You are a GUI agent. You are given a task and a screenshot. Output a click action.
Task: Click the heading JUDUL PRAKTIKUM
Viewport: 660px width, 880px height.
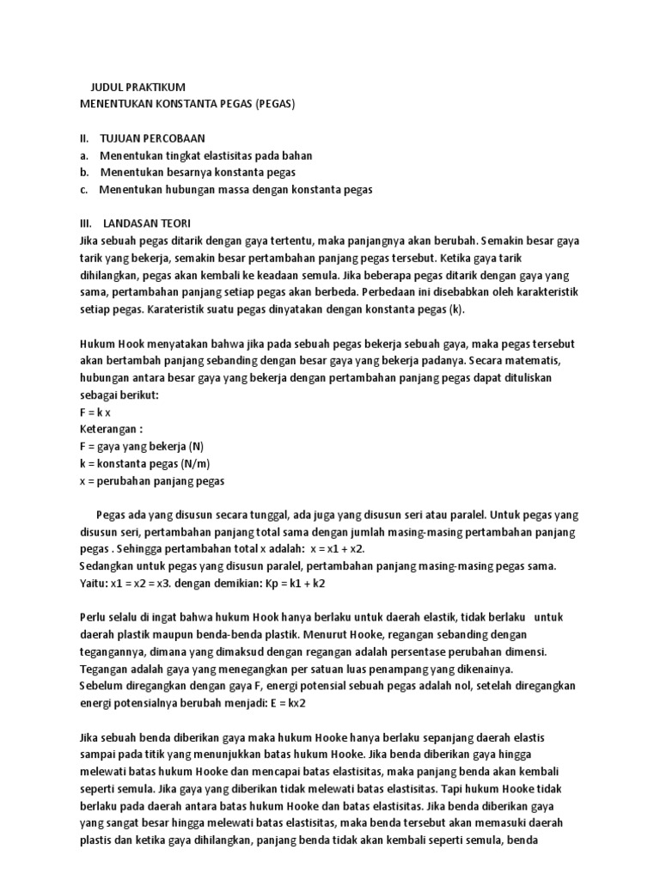(x=137, y=88)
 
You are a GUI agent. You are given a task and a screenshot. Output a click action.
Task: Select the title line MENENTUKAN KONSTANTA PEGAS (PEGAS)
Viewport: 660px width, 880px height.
(x=186, y=104)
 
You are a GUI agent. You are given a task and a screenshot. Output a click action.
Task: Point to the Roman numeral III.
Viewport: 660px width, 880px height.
(x=85, y=222)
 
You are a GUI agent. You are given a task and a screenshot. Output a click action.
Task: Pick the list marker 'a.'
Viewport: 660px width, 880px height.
(x=83, y=155)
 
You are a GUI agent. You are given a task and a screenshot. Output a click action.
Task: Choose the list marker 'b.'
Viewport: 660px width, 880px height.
(x=83, y=172)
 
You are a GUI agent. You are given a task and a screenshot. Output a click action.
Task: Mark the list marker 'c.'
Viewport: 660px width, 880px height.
(x=83, y=189)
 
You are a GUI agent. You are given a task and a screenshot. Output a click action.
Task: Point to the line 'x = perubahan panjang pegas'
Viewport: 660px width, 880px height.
(x=151, y=480)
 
